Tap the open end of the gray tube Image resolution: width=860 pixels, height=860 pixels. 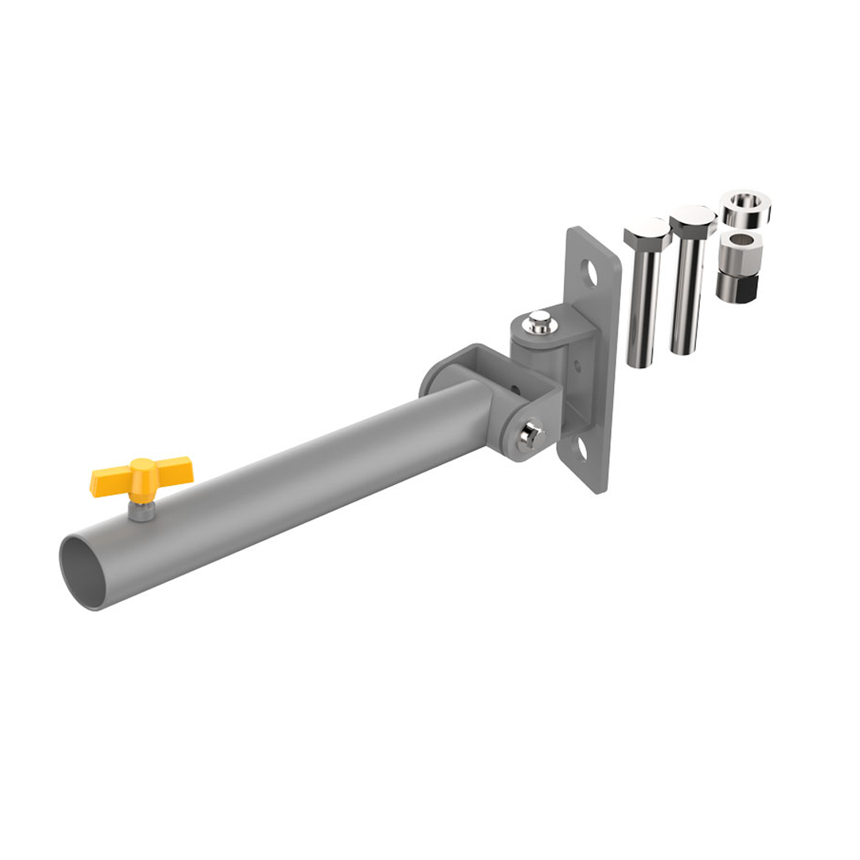[x=82, y=572]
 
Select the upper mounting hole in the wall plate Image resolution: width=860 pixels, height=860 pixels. [x=590, y=273]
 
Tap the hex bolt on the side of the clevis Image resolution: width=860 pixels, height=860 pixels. [x=529, y=436]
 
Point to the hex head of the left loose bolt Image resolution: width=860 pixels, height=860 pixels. [x=647, y=233]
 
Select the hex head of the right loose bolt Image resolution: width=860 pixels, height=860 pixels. [x=693, y=220]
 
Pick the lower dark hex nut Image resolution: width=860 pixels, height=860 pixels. [x=736, y=287]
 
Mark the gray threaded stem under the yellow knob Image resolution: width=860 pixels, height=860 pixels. [x=142, y=510]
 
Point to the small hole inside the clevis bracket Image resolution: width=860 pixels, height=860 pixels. [x=515, y=391]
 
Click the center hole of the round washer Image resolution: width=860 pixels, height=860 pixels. [x=745, y=201]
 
